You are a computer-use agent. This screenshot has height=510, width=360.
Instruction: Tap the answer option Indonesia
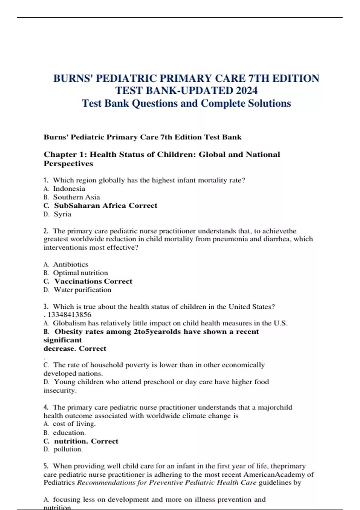click(69, 189)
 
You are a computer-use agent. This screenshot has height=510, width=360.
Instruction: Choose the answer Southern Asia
click(76, 197)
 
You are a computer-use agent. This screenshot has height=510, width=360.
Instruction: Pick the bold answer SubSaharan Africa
click(90, 205)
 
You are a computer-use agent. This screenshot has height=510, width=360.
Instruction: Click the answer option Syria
click(62, 214)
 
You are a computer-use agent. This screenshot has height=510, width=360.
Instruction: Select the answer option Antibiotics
click(70, 264)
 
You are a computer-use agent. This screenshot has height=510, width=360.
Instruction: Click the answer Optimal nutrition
click(80, 273)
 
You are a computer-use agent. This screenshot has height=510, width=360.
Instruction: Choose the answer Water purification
click(82, 290)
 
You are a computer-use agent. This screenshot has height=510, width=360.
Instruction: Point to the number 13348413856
click(69, 315)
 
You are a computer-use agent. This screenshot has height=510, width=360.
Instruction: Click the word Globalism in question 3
click(69, 323)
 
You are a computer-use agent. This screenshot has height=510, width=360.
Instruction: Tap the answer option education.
click(69, 433)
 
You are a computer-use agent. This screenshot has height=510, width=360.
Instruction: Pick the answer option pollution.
click(68, 449)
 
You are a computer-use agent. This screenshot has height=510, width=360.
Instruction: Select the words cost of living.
click(74, 424)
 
